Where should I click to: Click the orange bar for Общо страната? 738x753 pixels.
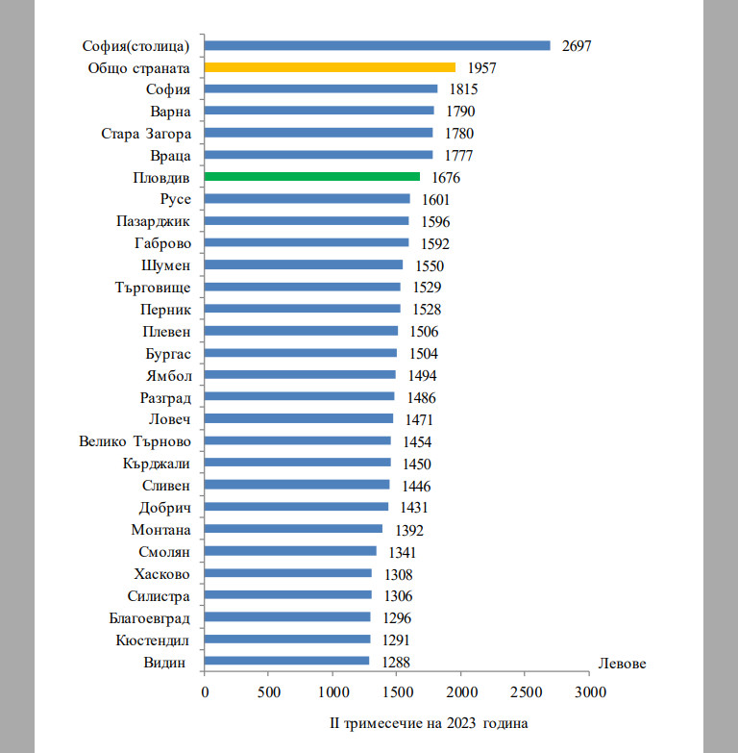[x=330, y=67]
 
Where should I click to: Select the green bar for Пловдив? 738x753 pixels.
[x=312, y=177]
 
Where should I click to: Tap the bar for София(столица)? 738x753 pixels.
[x=378, y=45]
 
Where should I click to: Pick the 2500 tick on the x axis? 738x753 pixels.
[x=526, y=691]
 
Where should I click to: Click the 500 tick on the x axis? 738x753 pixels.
[x=269, y=691]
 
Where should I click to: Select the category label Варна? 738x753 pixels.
[x=171, y=112]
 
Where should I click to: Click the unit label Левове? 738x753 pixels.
[x=622, y=664]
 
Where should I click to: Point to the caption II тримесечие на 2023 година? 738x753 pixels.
[x=429, y=721]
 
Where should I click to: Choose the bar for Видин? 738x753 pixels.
[x=287, y=662]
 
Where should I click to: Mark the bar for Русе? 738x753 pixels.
[x=307, y=199]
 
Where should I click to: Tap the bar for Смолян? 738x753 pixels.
[x=290, y=551]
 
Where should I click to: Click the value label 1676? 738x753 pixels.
[x=445, y=178]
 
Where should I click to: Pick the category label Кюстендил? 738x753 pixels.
[x=152, y=640]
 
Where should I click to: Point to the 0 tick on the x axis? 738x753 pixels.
[x=205, y=691]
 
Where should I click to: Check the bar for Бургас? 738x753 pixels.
[x=301, y=353]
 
